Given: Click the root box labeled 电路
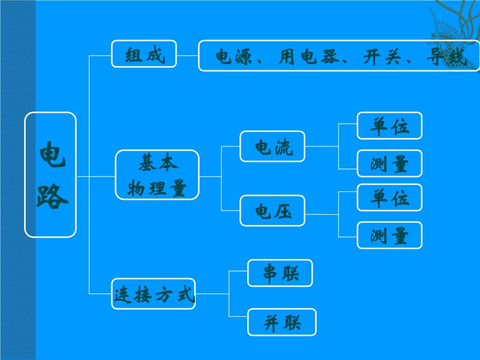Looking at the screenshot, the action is tap(50, 175).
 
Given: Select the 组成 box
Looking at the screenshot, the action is tap(144, 54).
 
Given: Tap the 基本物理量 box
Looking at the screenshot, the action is tap(157, 175).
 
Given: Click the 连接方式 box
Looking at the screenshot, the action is tap(154, 294).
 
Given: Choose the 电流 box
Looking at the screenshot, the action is tap(272, 146).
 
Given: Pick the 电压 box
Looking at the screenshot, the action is tap(272, 211).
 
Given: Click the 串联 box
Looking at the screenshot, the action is tap(280, 273).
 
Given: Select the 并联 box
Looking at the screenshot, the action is tap(282, 322).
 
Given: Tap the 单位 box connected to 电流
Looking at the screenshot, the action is tap(389, 125).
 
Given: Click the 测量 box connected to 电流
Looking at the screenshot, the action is tap(389, 163).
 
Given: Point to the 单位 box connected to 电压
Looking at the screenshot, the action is tap(389, 197).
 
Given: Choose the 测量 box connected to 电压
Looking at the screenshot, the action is tap(389, 235).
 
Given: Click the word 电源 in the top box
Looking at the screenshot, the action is tap(233, 56).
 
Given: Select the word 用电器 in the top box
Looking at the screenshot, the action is tap(309, 56).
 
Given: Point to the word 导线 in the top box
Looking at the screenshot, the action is tap(446, 56).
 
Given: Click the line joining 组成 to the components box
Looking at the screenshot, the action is tap(188, 55).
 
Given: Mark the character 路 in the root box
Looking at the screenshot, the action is tap(52, 196).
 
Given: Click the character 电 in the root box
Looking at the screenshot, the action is tap(52, 155).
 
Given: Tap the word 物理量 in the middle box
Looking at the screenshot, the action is tap(157, 188).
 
